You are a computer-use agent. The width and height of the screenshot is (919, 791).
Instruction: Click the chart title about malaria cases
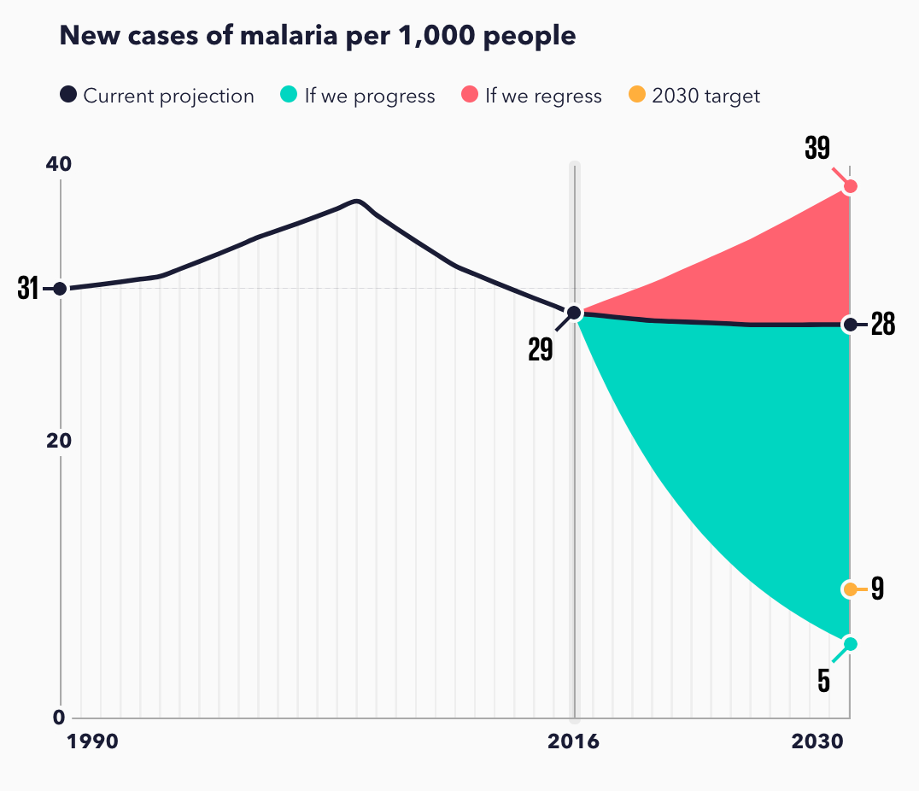coord(317,36)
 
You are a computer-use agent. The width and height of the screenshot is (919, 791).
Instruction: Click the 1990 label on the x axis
coord(93,741)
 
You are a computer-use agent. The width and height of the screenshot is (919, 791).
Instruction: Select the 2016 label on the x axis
coord(573,741)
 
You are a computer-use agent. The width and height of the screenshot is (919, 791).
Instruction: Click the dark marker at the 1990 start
coord(60,289)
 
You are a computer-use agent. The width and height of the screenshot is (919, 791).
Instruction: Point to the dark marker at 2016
coord(575,313)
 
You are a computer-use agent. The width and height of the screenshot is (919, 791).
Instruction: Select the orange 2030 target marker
coord(849,589)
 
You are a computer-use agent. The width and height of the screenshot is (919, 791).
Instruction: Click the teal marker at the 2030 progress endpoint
coord(849,643)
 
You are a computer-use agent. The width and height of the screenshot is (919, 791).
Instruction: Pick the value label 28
coord(882,325)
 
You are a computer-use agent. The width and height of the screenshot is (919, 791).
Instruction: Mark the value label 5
coord(824,680)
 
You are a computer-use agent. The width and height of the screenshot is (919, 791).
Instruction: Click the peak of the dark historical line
coord(358,201)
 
